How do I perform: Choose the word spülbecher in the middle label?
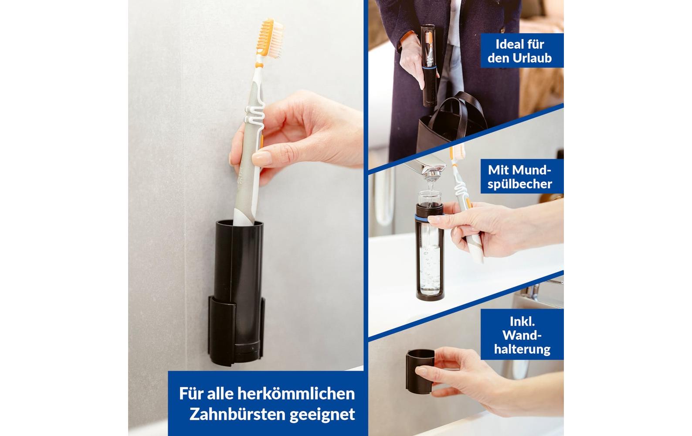tap(519, 184)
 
